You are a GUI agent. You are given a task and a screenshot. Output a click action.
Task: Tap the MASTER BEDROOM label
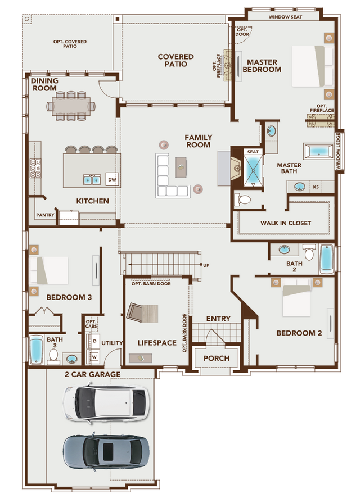(262, 65)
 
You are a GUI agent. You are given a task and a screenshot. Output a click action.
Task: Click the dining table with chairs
(74, 106)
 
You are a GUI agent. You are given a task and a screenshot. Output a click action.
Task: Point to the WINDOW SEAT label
(285, 17)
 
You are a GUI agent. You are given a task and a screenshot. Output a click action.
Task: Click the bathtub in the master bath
(319, 151)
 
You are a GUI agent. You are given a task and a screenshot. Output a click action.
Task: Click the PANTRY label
(44, 215)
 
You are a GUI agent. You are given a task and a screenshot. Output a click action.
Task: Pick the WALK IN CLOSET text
(285, 223)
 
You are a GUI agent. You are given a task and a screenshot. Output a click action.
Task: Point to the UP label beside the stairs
(206, 265)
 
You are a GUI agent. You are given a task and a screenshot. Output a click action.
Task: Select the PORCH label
(217, 358)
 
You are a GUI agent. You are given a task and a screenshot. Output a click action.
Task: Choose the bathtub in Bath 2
(326, 259)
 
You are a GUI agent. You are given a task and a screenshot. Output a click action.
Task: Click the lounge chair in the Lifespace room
(143, 312)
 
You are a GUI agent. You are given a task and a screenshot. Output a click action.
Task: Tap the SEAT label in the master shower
(253, 152)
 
